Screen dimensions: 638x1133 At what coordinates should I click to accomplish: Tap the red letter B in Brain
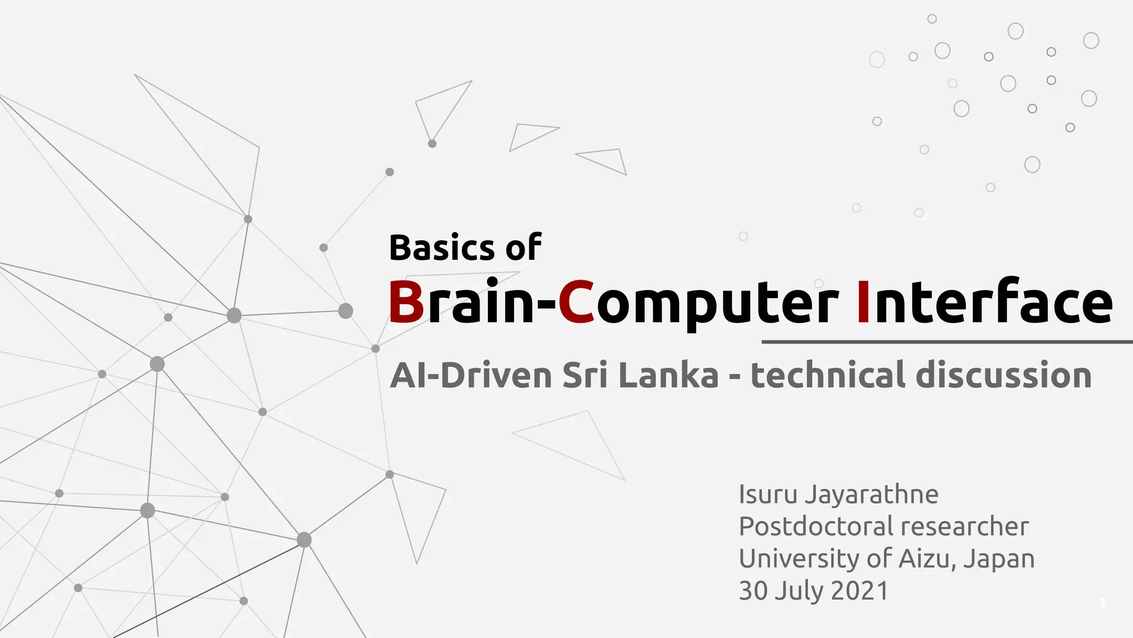[x=406, y=302]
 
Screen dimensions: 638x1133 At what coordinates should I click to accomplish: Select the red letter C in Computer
[x=576, y=302]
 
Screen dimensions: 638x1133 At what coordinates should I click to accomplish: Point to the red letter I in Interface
[x=862, y=302]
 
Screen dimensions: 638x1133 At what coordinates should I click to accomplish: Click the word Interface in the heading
[x=984, y=302]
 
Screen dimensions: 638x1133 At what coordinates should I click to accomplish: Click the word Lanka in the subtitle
[x=668, y=375]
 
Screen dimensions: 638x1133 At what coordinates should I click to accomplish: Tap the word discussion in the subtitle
[x=1004, y=375]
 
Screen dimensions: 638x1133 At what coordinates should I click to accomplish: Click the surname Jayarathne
[x=871, y=495]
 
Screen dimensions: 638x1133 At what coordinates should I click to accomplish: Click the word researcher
[x=974, y=527]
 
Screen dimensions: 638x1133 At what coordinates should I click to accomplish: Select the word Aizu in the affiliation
[x=928, y=558]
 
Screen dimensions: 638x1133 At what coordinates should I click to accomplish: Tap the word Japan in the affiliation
[x=999, y=559]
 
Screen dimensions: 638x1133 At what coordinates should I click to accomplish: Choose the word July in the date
[x=799, y=591]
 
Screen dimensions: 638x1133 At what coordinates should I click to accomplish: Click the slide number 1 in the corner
[x=1103, y=603]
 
